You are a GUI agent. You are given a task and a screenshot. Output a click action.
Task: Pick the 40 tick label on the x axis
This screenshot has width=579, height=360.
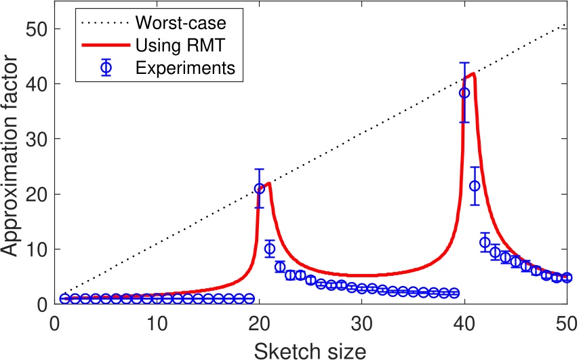click(x=464, y=321)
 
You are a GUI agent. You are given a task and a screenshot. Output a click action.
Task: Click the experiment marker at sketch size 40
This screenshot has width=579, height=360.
click(x=464, y=93)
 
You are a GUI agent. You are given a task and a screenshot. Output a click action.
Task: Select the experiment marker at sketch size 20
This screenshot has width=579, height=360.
click(x=259, y=188)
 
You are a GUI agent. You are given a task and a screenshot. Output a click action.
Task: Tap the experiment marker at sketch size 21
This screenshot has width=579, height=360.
click(x=269, y=249)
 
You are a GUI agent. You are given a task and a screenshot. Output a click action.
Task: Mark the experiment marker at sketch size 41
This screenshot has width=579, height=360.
click(x=475, y=186)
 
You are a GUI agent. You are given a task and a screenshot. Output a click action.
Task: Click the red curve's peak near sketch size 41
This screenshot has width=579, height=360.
click(x=473, y=74)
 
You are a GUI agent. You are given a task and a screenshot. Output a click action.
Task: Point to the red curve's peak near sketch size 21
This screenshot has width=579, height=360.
click(x=268, y=183)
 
